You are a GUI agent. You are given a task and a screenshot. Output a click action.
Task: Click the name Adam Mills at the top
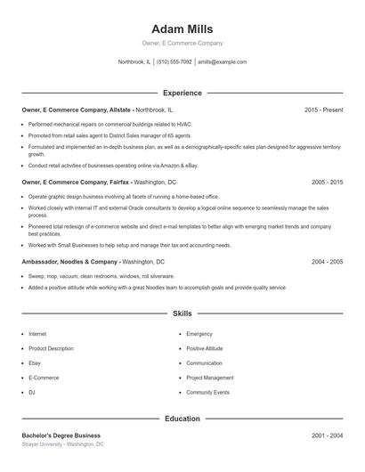[x=182, y=28]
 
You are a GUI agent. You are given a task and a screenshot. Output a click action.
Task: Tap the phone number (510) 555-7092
[x=174, y=62]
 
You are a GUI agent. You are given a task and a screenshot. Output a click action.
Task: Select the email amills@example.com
[x=222, y=62]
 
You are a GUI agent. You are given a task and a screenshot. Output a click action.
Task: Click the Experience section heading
[x=182, y=93]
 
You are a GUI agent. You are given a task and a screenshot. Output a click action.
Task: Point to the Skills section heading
[x=182, y=313]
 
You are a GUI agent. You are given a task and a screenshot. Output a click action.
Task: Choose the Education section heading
[x=182, y=419]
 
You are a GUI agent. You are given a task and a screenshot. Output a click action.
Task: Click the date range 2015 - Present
[x=323, y=110]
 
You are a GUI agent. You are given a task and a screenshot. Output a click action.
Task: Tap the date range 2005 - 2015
[x=327, y=182]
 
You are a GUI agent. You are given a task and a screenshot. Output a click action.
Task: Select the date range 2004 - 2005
[x=327, y=263]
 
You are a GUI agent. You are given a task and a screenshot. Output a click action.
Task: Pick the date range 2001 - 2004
[x=327, y=435]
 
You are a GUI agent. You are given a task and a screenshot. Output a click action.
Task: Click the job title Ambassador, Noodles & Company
[x=69, y=263]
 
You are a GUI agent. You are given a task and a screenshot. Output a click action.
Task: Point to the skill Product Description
[x=51, y=348]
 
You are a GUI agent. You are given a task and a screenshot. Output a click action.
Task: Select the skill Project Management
[x=209, y=378]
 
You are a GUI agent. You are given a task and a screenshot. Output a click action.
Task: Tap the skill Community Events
[x=207, y=392]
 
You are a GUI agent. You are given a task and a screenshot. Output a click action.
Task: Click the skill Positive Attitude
[x=205, y=348]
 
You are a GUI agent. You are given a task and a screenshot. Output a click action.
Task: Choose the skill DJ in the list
[x=32, y=392]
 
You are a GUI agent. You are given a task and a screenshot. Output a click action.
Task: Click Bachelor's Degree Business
[x=61, y=435]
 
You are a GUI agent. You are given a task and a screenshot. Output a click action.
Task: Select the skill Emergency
[x=199, y=334]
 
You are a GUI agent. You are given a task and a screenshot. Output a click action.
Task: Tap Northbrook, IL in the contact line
[x=134, y=62]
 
